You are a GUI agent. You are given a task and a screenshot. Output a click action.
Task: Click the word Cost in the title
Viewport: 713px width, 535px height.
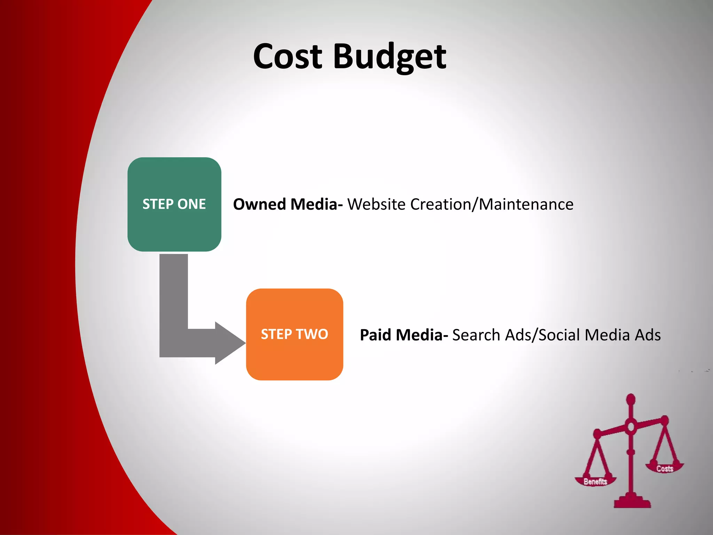coord(288,56)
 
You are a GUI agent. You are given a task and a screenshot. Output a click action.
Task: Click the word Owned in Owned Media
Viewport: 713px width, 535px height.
coord(259,204)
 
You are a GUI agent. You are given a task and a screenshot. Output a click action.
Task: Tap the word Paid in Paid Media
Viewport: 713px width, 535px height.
coord(375,335)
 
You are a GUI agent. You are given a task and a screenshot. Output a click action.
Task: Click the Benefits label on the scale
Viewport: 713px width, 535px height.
coord(595,482)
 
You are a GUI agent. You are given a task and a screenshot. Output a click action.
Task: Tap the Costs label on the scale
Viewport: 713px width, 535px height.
coord(665,469)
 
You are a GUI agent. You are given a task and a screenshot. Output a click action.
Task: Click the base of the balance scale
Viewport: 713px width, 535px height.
coord(632,503)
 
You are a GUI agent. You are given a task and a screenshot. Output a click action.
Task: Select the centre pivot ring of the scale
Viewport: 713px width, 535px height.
coord(631,426)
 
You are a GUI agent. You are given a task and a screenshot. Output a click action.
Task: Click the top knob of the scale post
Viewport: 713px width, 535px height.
coord(631,399)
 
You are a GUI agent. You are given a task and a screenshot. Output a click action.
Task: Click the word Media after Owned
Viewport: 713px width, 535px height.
coord(316,204)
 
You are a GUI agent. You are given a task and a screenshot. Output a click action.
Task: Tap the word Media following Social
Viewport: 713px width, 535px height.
coord(607,335)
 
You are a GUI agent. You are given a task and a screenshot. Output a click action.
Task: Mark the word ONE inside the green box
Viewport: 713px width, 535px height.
coord(191,204)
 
